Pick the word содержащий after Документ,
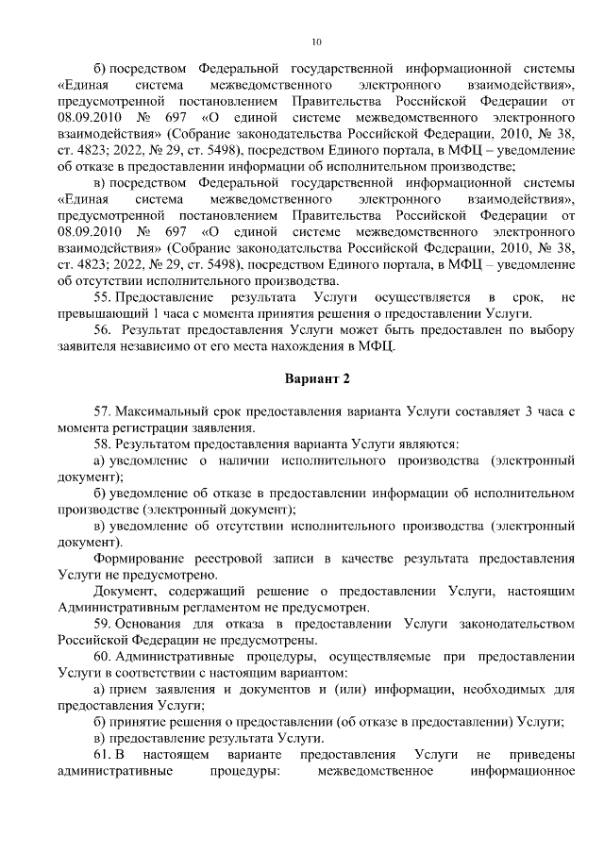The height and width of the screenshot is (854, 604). (189, 591)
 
